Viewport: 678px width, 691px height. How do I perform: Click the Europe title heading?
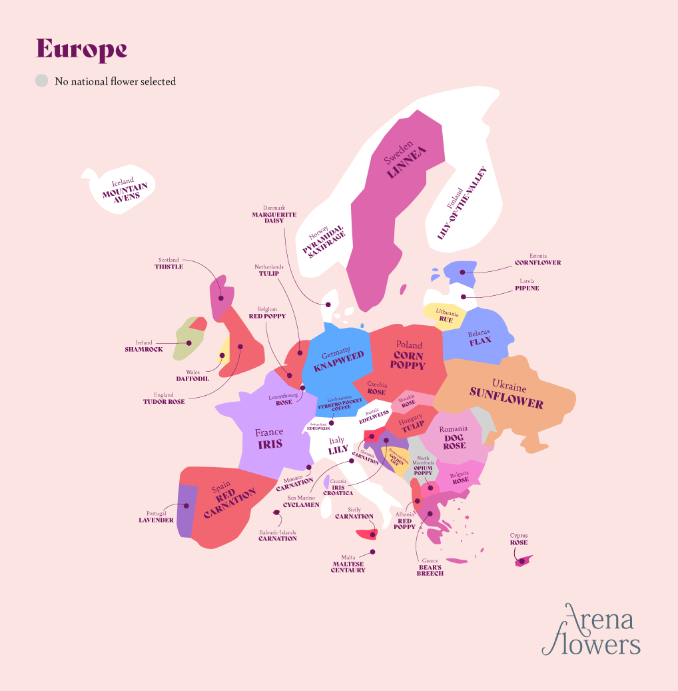pyautogui.click(x=81, y=49)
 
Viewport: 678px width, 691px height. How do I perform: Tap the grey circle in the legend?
pyautogui.click(x=42, y=81)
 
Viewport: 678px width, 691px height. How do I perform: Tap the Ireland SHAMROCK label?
pyautogui.click(x=144, y=346)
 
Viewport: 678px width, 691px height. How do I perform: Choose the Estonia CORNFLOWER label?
pyautogui.click(x=537, y=259)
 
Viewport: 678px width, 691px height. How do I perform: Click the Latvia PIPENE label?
pyautogui.click(x=526, y=285)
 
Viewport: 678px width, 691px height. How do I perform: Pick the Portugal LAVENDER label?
pyautogui.click(x=156, y=516)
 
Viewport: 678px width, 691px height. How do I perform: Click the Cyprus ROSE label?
pyautogui.click(x=519, y=539)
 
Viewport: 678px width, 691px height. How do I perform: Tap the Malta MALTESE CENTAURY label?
pyautogui.click(x=348, y=566)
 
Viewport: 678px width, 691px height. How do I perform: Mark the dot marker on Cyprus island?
pyautogui.click(x=522, y=561)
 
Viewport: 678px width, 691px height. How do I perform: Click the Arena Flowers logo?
pyautogui.click(x=591, y=630)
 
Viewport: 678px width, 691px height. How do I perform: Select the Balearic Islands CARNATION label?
pyautogui.click(x=277, y=535)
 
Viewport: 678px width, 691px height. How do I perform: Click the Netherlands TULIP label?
pyautogui.click(x=268, y=270)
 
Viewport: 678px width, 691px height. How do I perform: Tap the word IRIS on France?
pyautogui.click(x=270, y=444)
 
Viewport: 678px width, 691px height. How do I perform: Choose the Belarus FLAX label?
pyautogui.click(x=480, y=337)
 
